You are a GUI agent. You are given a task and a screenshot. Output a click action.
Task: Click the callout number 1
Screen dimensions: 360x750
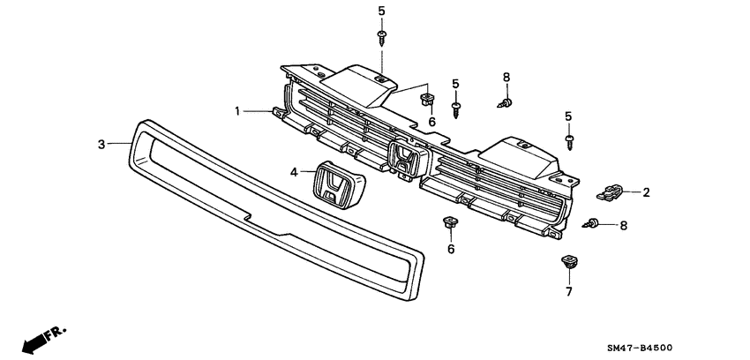[x=237, y=110]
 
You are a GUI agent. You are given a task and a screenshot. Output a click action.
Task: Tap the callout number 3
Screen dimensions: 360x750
[x=101, y=143]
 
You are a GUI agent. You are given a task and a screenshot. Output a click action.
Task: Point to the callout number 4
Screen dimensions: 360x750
[x=295, y=174]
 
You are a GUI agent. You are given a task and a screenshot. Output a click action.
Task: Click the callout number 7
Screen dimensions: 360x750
[x=568, y=291]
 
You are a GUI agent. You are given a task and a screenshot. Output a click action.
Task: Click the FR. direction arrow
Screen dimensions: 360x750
[x=40, y=338]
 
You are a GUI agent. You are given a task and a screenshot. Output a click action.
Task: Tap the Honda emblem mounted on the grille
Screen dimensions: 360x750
[x=404, y=163]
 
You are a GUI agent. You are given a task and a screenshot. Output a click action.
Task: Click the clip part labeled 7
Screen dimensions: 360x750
[x=567, y=262]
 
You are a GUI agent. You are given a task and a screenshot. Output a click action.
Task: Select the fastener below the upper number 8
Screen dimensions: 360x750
[x=506, y=103]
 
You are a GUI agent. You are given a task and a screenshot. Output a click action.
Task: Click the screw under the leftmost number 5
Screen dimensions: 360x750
[x=382, y=35]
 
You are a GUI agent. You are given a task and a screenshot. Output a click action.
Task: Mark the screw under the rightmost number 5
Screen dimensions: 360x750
[x=570, y=140]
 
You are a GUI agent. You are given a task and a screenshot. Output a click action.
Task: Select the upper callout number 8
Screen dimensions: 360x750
[x=506, y=78]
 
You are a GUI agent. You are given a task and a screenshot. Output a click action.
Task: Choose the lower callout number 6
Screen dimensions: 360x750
[x=451, y=250]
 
